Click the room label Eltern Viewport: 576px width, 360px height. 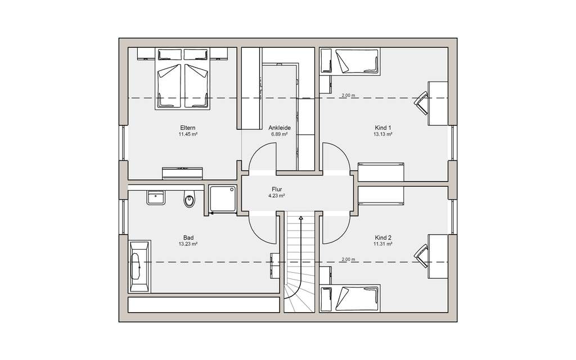(x=187, y=128)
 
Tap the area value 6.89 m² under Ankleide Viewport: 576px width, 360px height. (x=280, y=135)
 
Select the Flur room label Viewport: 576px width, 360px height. (x=277, y=190)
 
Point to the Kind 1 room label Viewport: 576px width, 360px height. (x=382, y=128)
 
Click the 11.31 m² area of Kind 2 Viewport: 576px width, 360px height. (x=382, y=244)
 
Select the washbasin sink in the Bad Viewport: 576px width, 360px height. (x=155, y=197)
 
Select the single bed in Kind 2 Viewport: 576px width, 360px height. (x=357, y=298)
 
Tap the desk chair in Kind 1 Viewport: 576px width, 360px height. (x=422, y=101)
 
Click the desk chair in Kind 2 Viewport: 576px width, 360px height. (x=422, y=254)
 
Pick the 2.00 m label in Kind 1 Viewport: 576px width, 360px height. (x=349, y=96)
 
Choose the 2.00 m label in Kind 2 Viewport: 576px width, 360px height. (x=349, y=259)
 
